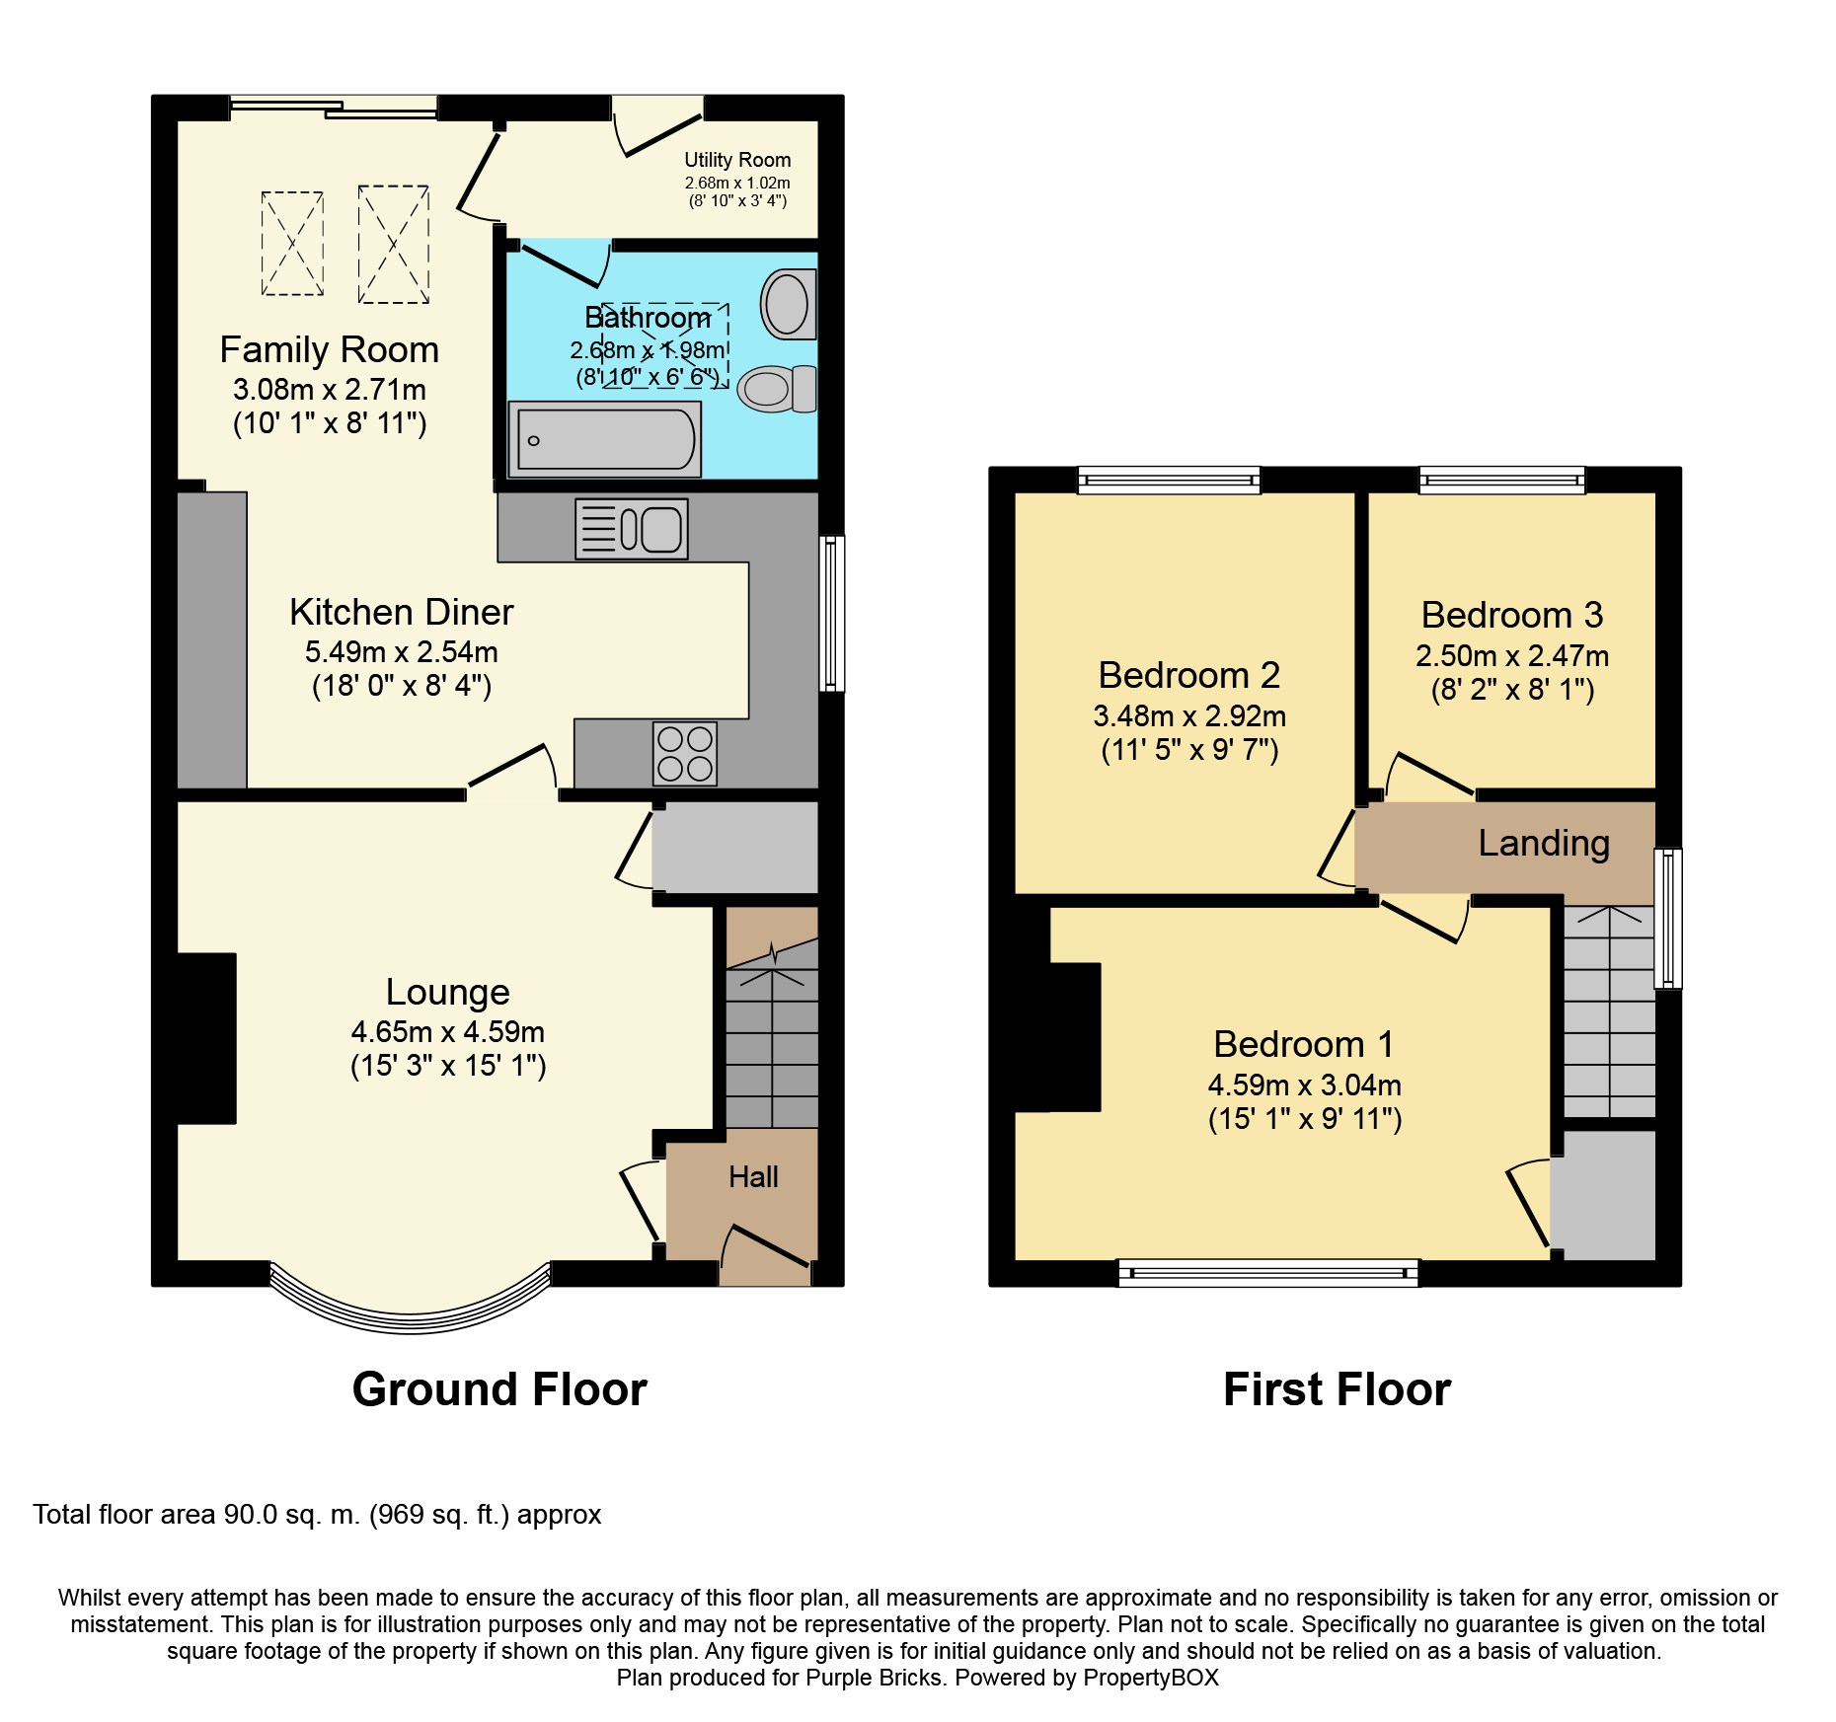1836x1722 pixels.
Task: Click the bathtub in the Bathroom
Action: click(604, 439)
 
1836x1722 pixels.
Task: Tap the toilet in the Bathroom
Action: click(776, 389)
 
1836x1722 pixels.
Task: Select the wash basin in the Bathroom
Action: click(788, 304)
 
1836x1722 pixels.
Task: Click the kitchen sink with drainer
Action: click(632, 530)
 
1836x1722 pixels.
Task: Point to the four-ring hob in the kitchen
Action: click(685, 754)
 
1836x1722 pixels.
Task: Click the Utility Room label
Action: click(737, 160)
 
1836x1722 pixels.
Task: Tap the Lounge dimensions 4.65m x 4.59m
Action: click(448, 1031)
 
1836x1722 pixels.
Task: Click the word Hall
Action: click(753, 1176)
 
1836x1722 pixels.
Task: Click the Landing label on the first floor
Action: click(1544, 843)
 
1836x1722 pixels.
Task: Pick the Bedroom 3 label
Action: click(1511, 615)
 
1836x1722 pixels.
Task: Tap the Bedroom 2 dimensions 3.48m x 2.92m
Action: click(1189, 715)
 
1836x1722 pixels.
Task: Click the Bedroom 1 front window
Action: click(1267, 1273)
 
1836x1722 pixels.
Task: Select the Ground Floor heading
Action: click(499, 1389)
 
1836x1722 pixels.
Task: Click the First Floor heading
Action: click(1337, 1389)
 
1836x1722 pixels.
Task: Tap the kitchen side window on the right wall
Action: click(833, 613)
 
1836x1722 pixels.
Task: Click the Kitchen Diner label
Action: click(401, 612)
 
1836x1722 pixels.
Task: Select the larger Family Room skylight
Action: click(393, 244)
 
